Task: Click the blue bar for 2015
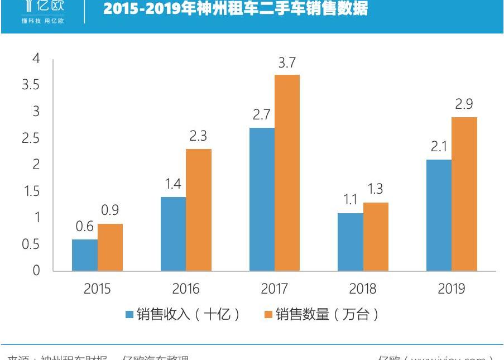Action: (x=85, y=255)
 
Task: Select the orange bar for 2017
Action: (x=287, y=173)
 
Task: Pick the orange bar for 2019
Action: (x=464, y=194)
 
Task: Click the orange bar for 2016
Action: (x=199, y=210)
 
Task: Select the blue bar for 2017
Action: (x=262, y=199)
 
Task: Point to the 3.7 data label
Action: (x=287, y=64)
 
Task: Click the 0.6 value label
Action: (x=85, y=227)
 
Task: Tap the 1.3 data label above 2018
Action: (x=375, y=189)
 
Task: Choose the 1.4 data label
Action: (x=174, y=184)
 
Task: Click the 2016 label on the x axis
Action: (x=186, y=289)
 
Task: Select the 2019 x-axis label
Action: (x=452, y=289)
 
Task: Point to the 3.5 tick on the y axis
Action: (x=31, y=85)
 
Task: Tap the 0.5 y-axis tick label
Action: (x=31, y=244)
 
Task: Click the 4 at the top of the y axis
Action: (x=37, y=59)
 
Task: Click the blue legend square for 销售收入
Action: (x=129, y=315)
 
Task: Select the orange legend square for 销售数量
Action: (x=268, y=315)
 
